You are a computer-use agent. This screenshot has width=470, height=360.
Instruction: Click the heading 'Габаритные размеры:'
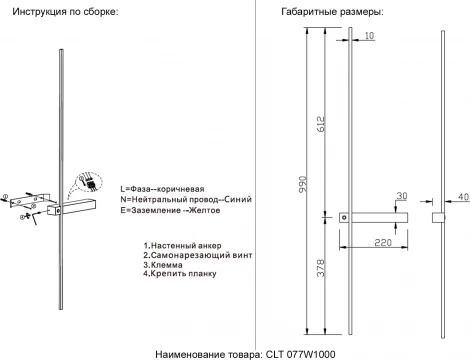[305, 11]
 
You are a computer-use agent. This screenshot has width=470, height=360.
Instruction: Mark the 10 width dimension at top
[369, 36]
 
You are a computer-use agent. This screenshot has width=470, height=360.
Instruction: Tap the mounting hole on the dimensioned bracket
[345, 216]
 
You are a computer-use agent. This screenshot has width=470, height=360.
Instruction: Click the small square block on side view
[438, 217]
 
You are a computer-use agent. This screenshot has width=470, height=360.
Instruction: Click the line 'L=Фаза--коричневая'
[161, 188]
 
